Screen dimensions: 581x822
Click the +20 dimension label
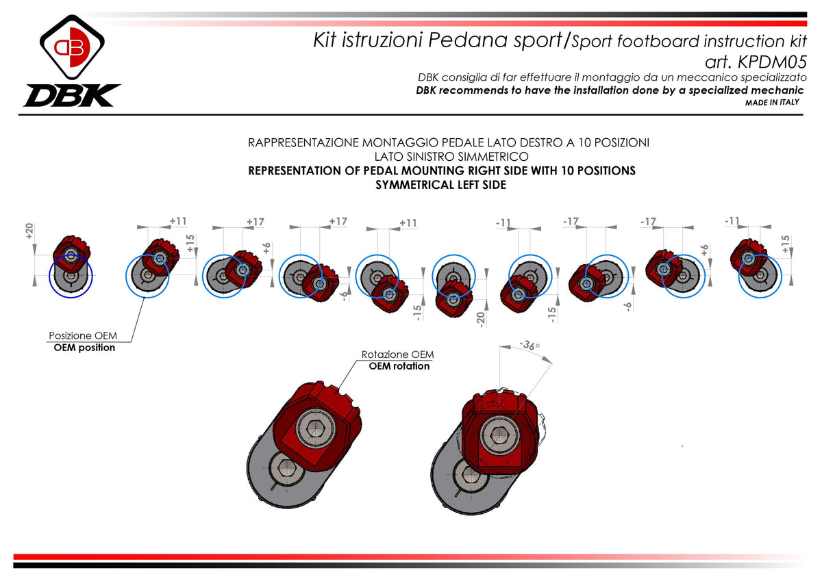tap(29, 231)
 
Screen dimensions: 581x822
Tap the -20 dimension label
tap(482, 319)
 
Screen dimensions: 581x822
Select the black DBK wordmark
tap(72, 95)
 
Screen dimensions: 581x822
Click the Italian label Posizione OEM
tap(82, 336)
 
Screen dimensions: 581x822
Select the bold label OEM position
tap(84, 348)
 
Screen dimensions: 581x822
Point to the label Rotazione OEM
tap(397, 354)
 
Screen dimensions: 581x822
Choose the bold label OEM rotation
tap(399, 366)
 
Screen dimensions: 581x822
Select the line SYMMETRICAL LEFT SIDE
tap(441, 185)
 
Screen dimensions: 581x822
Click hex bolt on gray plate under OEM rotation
tap(285, 469)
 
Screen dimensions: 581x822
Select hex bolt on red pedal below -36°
tap(497, 436)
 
